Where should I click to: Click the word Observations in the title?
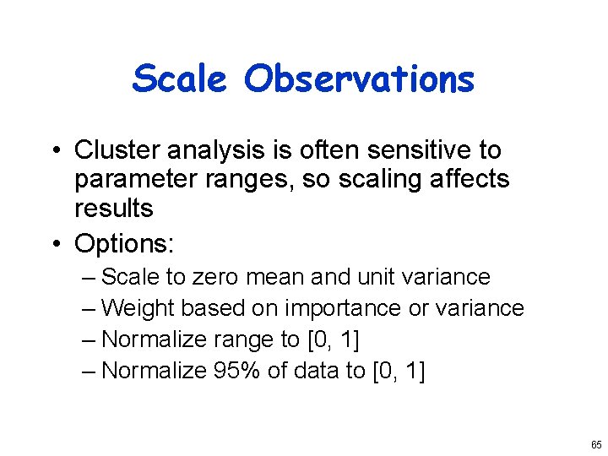coord(359,79)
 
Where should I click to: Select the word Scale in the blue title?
coord(181,79)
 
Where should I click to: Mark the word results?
coord(113,208)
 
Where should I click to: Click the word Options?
coord(124,244)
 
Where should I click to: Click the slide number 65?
coord(596,444)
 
